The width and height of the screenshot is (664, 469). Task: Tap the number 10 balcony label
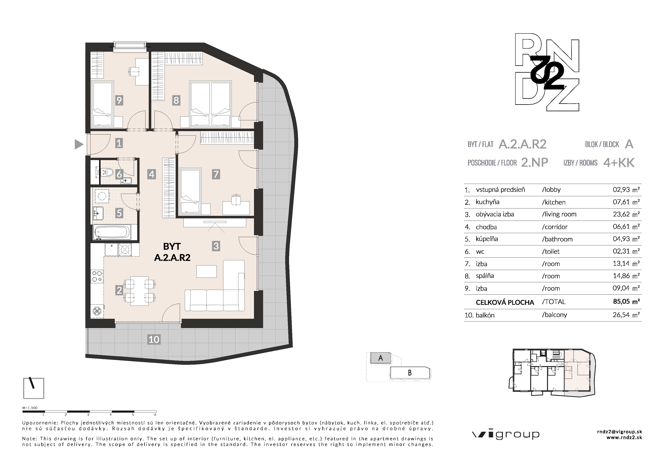coord(154,339)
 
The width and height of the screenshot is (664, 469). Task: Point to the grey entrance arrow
coord(79,144)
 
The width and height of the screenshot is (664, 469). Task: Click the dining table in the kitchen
coord(139,291)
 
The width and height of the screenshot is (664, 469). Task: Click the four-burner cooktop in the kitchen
coord(97,276)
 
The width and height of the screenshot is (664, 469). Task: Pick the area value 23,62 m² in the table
coord(626,214)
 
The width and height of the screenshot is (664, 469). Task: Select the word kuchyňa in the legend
coord(488,202)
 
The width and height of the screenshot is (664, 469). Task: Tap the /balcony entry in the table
coord(554,315)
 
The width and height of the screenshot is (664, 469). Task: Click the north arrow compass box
coord(34,388)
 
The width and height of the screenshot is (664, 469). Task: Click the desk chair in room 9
coord(134,71)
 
